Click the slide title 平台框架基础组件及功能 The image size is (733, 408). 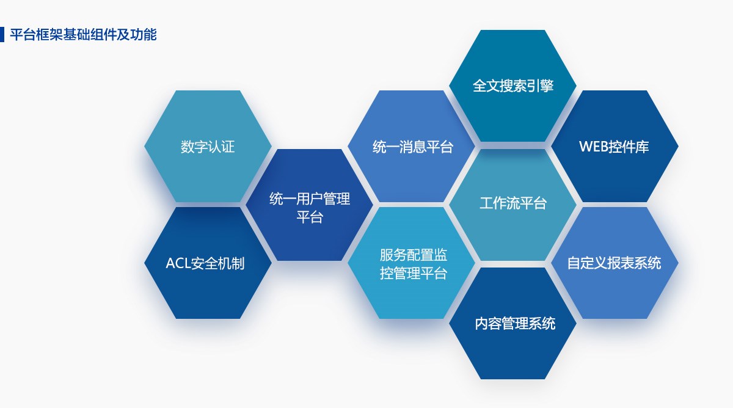[83, 35]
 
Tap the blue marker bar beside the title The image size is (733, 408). [2, 34]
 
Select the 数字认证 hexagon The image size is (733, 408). [208, 146]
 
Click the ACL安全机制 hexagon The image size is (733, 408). [208, 263]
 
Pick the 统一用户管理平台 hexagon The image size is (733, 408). [310, 205]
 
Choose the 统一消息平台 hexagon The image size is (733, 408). [411, 146]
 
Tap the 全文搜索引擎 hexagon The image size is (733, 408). [512, 86]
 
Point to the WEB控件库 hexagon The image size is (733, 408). [614, 146]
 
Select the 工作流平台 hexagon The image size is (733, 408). [512, 205]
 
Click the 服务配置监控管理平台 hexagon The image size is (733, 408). [411, 263]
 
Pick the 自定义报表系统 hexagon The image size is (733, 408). [614, 263]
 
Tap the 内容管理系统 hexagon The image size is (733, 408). [512, 324]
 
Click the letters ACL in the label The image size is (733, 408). [178, 263]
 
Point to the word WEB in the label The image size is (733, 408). [593, 147]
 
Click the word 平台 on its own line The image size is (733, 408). [310, 217]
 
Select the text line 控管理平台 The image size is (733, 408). [414, 274]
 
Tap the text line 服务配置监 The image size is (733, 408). [414, 255]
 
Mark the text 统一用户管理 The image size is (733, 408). [310, 199]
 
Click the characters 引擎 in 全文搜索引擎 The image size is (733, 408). [540, 86]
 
